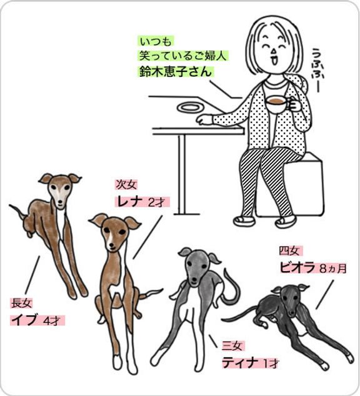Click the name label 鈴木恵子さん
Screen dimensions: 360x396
176,71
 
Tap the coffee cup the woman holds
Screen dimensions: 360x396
277,104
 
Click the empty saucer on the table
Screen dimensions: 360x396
190,108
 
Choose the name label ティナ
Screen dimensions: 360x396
240,363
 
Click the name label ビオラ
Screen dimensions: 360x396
297,267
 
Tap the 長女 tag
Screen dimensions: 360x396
21,303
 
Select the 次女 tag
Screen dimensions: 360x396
126,185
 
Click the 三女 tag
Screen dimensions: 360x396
232,346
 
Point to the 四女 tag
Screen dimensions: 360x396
290,251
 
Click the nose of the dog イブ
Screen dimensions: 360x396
60,202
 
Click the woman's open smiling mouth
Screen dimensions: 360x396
273,61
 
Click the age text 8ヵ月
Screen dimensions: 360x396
333,269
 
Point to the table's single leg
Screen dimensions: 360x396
182,175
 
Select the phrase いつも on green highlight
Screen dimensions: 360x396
156,42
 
